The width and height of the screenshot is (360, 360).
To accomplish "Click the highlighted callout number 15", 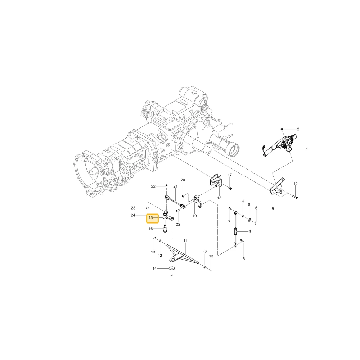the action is (150, 218).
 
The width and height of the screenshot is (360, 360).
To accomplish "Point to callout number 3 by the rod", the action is (250, 231).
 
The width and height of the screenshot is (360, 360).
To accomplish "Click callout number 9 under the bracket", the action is (273, 209).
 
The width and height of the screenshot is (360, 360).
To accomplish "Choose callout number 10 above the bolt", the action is (296, 184).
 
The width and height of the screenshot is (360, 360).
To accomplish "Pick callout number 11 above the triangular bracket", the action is (185, 241).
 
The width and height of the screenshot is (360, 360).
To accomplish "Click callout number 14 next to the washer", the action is (154, 269).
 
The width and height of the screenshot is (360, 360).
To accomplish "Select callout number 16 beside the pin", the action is (150, 229).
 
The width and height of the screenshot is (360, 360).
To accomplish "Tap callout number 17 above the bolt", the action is (230, 175).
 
